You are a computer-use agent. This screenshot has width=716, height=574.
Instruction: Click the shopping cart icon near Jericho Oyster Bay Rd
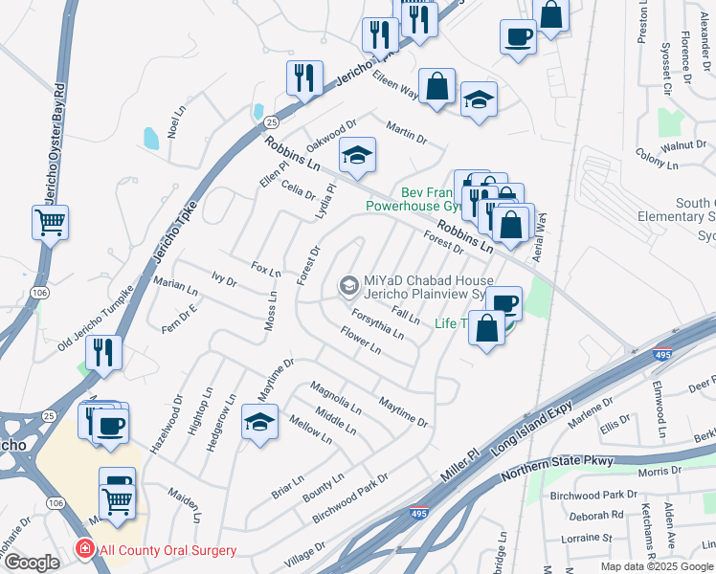pos(50,222)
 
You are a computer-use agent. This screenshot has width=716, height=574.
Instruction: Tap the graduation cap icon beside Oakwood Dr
pos(357,155)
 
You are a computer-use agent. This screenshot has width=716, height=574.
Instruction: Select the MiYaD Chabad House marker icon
pos(348,285)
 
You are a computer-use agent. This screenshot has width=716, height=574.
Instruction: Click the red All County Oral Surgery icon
pos(85,550)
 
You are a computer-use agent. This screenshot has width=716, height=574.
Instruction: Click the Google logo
pos(32,563)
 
